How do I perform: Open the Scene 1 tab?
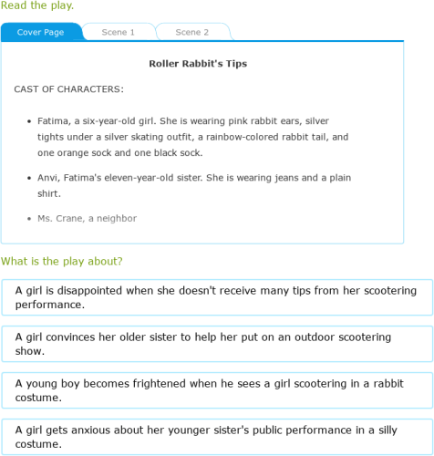[119, 32]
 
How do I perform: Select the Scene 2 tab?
[191, 32]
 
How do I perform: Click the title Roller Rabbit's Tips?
[198, 64]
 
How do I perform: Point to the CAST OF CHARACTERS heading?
[69, 89]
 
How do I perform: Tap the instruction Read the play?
[37, 5]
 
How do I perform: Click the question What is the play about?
[62, 262]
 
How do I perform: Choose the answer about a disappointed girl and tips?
[217, 297]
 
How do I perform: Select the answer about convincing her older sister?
[217, 343]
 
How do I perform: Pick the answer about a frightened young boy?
[217, 390]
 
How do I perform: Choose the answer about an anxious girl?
[217, 437]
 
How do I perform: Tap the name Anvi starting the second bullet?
[48, 177]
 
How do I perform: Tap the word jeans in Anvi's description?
[286, 177]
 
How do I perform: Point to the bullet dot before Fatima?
[29, 119]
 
